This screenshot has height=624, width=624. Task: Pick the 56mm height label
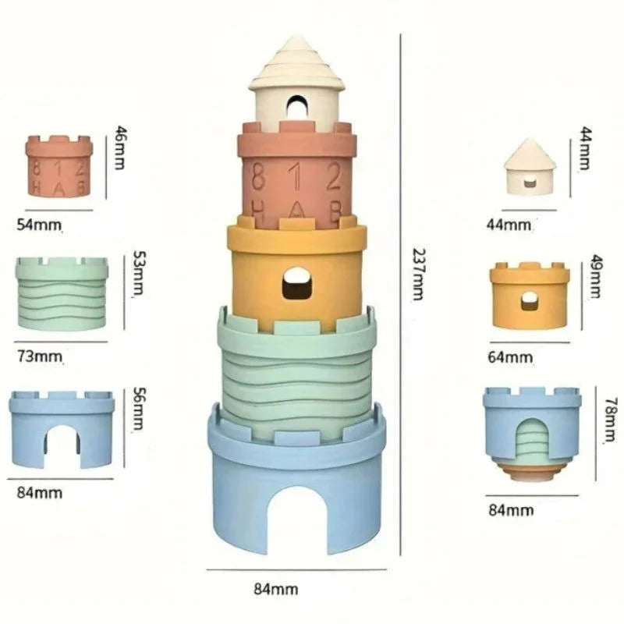[139, 411]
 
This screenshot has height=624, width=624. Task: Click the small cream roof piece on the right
[530, 165]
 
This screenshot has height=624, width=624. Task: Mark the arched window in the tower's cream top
[296, 108]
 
